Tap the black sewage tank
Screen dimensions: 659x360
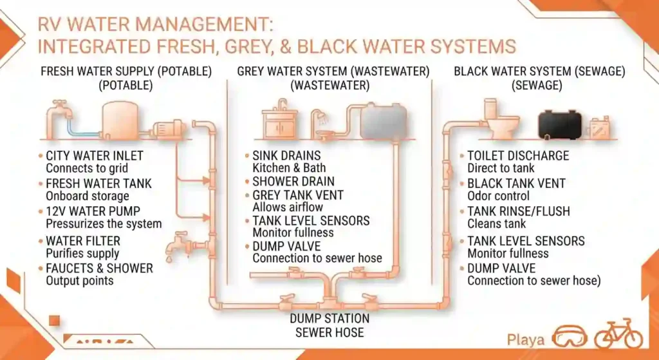coord(559,124)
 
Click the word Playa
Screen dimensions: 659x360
coord(525,340)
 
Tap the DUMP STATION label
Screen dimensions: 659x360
coord(329,318)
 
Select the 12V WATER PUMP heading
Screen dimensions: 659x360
coord(93,211)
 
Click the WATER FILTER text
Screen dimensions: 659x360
coord(83,241)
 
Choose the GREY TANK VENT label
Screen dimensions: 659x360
coord(298,195)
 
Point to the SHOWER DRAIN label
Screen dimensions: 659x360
coord(293,181)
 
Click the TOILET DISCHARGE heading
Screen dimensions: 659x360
coord(518,156)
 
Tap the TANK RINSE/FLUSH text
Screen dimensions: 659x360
coord(519,211)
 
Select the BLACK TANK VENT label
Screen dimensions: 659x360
coord(517,184)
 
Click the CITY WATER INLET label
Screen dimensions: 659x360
coord(95,156)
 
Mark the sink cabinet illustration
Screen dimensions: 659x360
coord(280,120)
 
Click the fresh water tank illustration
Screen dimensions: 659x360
coord(120,120)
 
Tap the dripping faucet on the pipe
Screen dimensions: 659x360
coord(179,245)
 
